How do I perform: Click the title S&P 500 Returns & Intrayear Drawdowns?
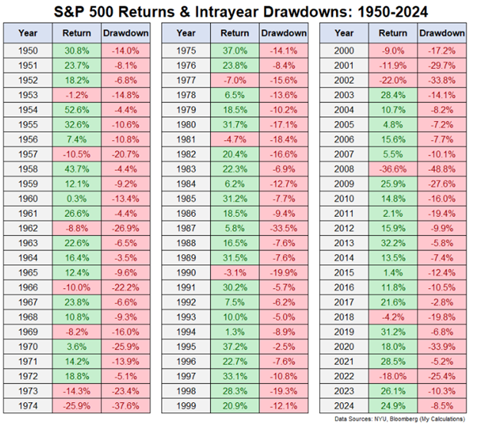click(242, 11)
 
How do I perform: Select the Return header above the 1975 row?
click(235, 34)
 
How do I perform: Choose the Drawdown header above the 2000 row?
click(443, 34)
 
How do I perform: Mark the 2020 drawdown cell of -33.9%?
click(443, 346)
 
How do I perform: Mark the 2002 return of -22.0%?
click(393, 83)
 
